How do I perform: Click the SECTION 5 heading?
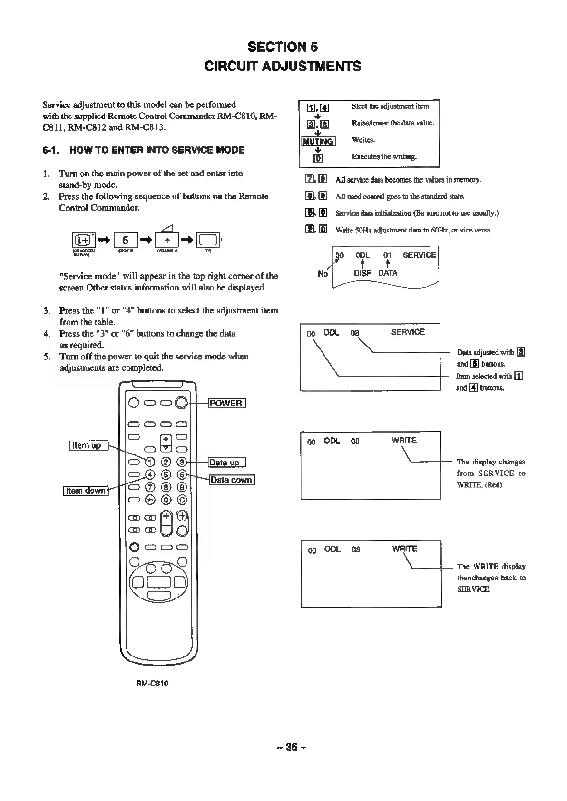pos(283,47)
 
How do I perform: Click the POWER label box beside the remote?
pos(226,404)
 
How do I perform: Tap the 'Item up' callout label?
pos(89,445)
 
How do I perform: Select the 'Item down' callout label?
pos(86,491)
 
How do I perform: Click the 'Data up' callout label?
pos(226,463)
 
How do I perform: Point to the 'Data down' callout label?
pos(232,480)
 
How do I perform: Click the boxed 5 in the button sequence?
pos(126,240)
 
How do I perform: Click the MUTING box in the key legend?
pos(319,141)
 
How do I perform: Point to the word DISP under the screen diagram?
pos(362,273)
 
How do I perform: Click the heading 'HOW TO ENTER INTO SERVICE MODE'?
pos(156,150)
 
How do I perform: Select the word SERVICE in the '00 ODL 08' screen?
pos(408,332)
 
